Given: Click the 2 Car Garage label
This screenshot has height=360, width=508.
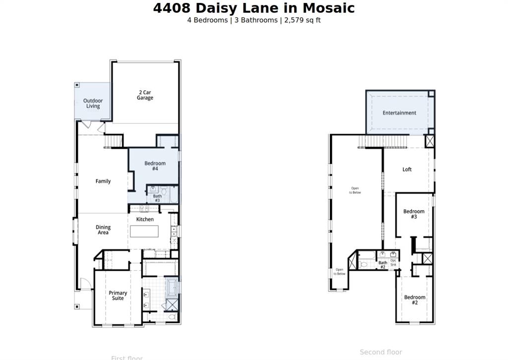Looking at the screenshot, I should [145, 95].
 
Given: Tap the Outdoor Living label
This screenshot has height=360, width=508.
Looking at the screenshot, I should [93, 103].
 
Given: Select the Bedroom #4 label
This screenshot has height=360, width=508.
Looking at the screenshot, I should [155, 166].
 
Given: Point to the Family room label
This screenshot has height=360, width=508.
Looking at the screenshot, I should [103, 181].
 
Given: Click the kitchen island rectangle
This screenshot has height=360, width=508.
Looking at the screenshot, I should [144, 231].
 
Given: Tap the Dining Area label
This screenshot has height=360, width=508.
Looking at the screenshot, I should [103, 230].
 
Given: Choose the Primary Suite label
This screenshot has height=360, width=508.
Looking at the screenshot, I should [118, 295].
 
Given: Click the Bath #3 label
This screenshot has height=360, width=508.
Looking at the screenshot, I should [157, 198].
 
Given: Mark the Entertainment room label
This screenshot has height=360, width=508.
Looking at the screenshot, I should [399, 113].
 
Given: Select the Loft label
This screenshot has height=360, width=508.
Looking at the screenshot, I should [407, 169].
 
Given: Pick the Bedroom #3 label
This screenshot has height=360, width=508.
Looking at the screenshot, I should [414, 214].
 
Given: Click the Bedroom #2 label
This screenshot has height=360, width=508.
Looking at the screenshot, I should [414, 300].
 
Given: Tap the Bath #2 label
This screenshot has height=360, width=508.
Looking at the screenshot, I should [382, 265].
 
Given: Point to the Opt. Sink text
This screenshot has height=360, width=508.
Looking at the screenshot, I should [393, 262].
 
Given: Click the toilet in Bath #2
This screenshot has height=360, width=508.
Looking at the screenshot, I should [364, 264].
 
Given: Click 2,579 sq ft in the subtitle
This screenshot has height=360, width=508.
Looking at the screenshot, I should [302, 20].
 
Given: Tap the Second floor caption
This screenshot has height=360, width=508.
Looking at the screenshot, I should [381, 352].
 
